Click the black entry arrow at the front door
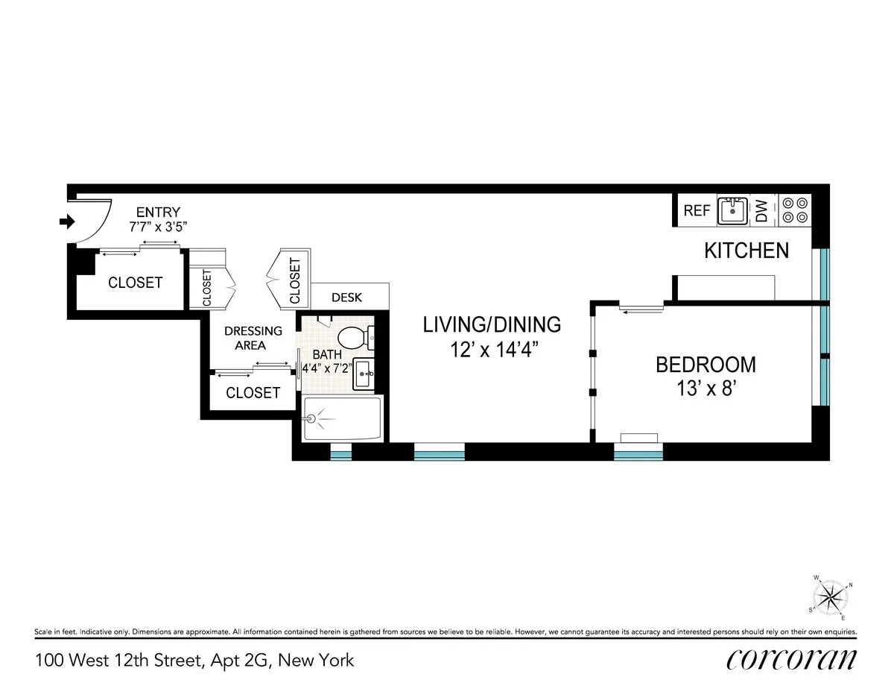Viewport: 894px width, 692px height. tap(68, 221)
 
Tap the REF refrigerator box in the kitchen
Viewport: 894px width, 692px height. tap(697, 211)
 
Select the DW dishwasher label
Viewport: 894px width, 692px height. tap(761, 211)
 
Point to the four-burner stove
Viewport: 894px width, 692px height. tap(793, 210)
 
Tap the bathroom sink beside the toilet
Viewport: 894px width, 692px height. tap(364, 372)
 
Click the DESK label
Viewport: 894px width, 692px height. tap(346, 298)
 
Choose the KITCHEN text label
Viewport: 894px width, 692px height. tap(746, 251)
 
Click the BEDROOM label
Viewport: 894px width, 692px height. tap(705, 365)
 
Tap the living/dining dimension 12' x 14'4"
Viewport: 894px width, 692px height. tap(491, 349)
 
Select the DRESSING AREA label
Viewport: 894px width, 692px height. tap(253, 338)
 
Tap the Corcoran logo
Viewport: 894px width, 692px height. tap(790, 660)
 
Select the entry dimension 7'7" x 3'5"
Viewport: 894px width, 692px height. tap(158, 226)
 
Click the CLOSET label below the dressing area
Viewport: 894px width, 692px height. tap(253, 393)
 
